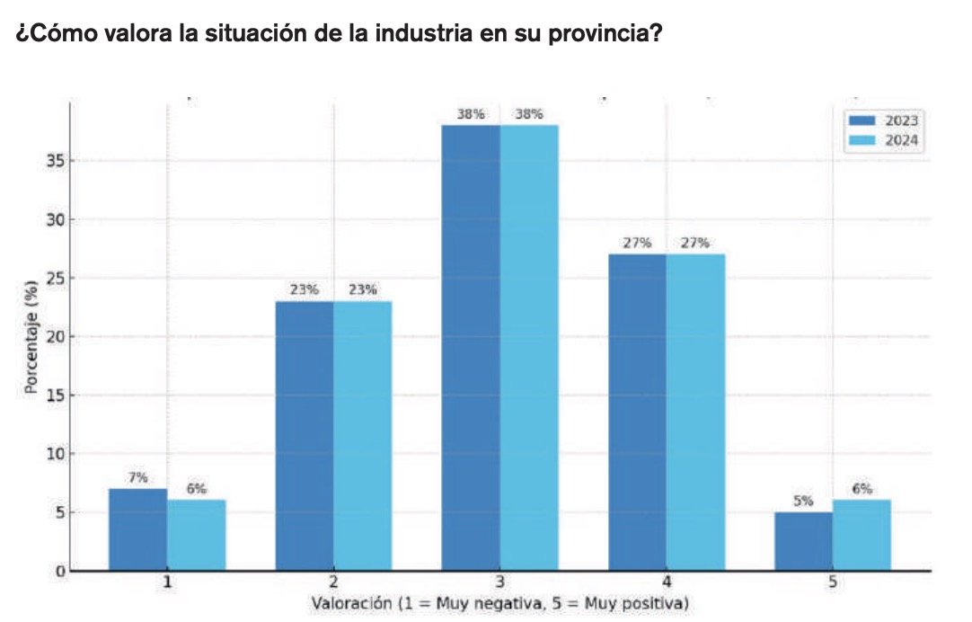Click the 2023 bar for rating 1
pos(137,529)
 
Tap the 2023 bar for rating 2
pos(304,435)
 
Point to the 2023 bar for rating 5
pos(803,541)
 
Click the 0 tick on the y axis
pos(58,571)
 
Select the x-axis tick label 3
pos(499,582)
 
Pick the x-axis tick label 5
pos(833,582)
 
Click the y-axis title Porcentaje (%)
pos(31,336)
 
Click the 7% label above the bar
pos(137,477)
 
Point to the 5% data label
pos(803,501)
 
